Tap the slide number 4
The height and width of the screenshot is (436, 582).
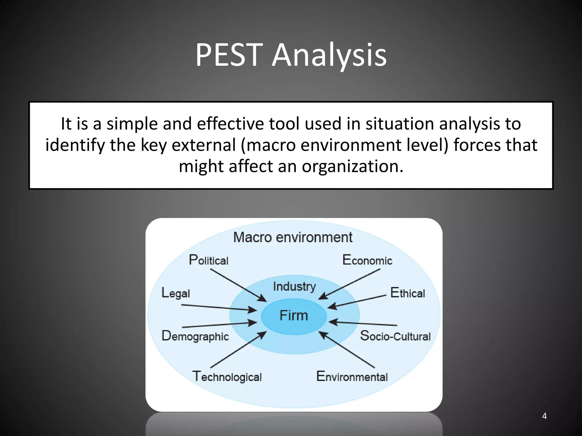coord(544,416)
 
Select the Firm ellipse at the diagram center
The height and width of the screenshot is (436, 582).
coord(294,316)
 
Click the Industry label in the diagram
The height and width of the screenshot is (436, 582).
coord(294,286)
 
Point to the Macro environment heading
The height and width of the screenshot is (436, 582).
coord(293,237)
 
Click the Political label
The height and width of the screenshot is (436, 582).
coord(209,260)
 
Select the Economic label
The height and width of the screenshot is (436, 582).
coord(367,260)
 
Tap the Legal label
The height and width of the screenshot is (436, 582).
coord(176,293)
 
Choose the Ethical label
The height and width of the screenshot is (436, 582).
coord(408,293)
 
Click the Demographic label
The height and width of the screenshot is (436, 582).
coord(195,336)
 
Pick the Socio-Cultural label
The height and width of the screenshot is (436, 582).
coord(395,336)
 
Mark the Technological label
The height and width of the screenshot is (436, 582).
coord(227,377)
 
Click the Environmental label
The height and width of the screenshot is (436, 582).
coord(352,377)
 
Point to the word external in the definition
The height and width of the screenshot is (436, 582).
coord(204,145)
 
